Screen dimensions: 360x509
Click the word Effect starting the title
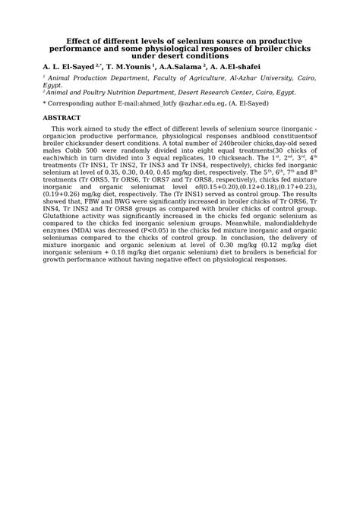tap(81, 40)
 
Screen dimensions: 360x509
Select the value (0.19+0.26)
tap(62, 194)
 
